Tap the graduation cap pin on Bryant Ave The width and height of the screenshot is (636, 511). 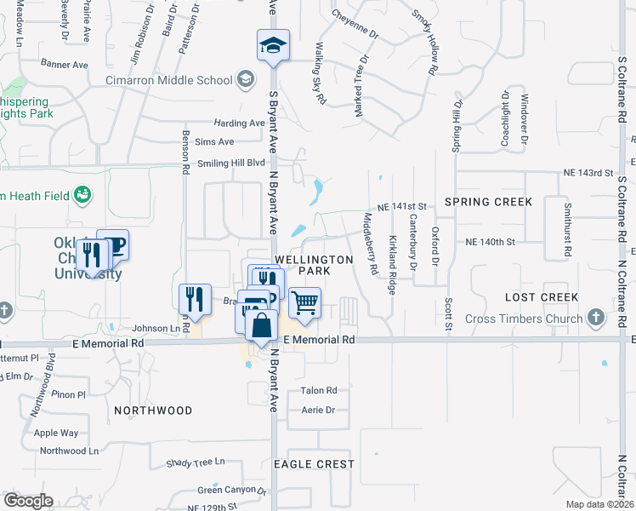(x=274, y=46)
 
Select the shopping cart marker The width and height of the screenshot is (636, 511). (x=304, y=302)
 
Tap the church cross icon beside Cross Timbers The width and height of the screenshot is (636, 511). (x=596, y=319)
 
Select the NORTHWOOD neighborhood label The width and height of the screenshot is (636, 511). (x=153, y=411)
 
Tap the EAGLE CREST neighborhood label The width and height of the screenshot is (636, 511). (x=314, y=464)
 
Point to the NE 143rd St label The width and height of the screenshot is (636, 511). (x=588, y=173)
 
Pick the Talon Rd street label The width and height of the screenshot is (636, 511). (x=319, y=391)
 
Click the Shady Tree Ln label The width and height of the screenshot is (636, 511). (x=196, y=462)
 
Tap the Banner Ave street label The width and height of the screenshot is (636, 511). (x=65, y=63)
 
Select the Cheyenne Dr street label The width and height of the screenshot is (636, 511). (x=355, y=24)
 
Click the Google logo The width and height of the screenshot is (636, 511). (x=28, y=501)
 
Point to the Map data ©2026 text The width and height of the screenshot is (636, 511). (x=599, y=504)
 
